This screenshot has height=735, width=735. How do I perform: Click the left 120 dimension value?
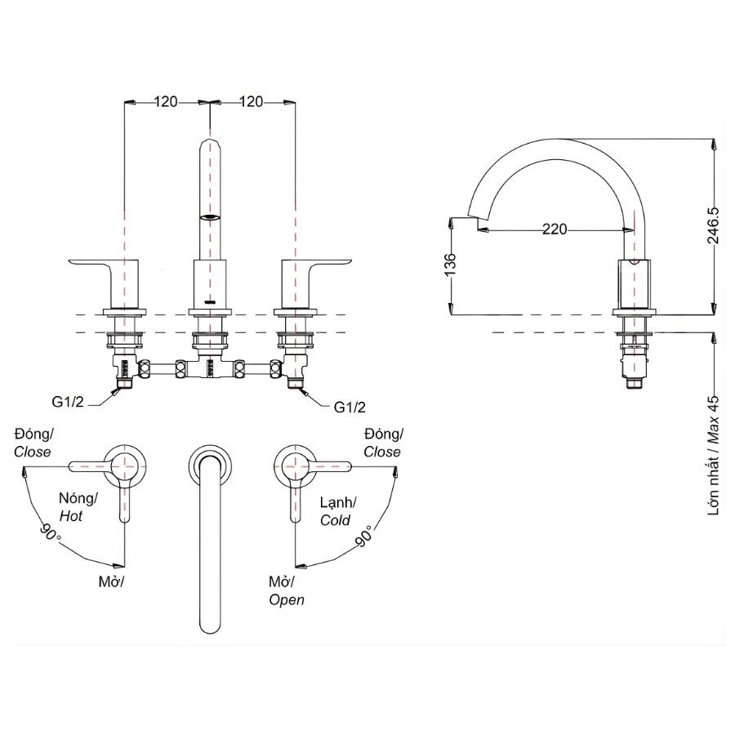coord(166,102)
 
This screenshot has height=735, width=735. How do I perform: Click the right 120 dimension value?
coord(252,102)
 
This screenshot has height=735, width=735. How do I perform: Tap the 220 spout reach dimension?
coord(555,230)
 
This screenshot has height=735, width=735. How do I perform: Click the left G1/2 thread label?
coord(69,403)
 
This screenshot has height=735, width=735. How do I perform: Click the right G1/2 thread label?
coord(350,406)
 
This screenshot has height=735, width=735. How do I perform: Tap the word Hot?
coord(70,516)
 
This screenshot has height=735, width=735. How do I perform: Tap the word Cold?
coord(335,519)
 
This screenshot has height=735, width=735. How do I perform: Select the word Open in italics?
coord(287,599)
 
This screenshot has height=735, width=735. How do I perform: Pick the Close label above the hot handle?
coord(33,452)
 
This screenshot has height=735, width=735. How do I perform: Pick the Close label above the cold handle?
coord(382,452)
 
